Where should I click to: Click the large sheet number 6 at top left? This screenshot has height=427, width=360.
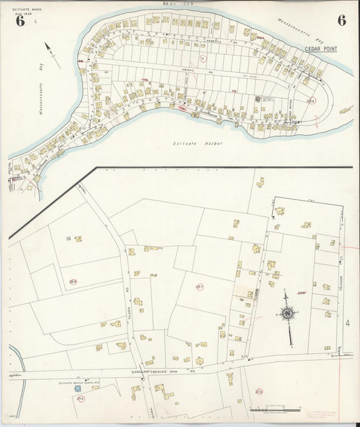point(20,21)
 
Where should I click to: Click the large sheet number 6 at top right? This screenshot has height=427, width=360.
point(342,20)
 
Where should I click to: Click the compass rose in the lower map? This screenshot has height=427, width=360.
point(288,313)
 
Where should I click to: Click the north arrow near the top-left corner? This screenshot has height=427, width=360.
point(51,54)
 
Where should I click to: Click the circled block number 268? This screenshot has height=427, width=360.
point(72,282)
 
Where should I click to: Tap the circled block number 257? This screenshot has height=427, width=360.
point(199,287)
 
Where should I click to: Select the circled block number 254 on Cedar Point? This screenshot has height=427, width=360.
point(310,100)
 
